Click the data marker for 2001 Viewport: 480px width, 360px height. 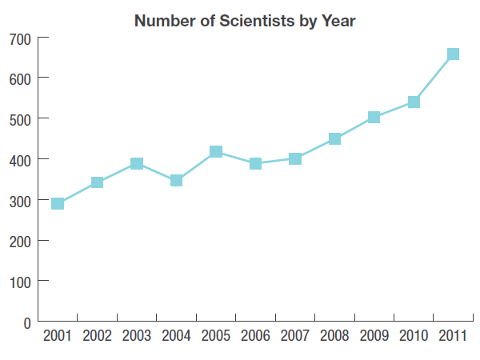click(58, 203)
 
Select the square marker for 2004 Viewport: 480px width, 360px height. click(176, 181)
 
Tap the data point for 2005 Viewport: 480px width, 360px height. click(216, 151)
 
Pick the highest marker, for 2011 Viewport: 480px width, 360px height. click(453, 54)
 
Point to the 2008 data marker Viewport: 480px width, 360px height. click(334, 138)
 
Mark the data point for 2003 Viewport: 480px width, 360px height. click(137, 163)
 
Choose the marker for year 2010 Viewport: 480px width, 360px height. click(414, 102)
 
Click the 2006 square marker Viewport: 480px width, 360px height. click(255, 163)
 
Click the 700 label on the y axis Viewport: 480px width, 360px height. click(18, 38)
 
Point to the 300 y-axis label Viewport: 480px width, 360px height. click(18, 200)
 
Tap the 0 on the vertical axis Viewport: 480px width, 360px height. click(26, 322)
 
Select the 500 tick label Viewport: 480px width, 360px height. click(18, 119)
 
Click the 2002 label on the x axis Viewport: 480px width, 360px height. click(97, 336)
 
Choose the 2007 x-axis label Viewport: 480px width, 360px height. click(294, 336)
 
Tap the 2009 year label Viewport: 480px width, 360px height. click(374, 336)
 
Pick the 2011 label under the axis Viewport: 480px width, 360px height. click(453, 336)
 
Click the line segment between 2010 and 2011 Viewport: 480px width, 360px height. click(434, 78)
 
